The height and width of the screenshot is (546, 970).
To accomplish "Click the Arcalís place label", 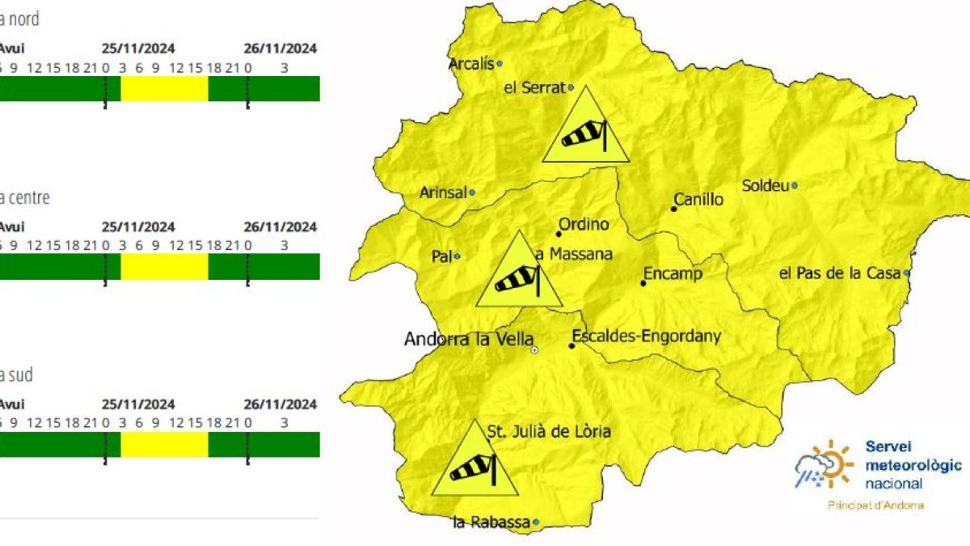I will coord(470,64).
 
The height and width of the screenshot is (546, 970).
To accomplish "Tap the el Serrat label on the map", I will coord(533,88).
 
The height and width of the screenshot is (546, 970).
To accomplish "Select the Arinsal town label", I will coord(443,193).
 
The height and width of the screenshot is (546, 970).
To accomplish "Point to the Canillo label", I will coord(699,200).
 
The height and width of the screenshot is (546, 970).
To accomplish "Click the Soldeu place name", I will coord(765,186).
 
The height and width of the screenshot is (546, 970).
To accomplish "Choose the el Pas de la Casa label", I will coord(839,273).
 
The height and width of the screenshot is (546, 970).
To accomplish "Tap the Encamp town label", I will coord(673,274).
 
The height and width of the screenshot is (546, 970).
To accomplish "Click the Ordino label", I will coord(584,225).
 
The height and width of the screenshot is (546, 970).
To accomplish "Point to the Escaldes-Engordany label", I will coord(646,336).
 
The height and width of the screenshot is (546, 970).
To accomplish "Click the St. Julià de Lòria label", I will coord(549,432).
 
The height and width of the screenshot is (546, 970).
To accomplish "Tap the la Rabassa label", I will coord(491,523).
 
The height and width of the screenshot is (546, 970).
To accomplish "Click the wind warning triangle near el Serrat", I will coord(585,130).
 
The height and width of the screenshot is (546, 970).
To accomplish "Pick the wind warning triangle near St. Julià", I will coord(474,463).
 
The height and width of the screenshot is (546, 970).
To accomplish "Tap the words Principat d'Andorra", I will coord(876,506).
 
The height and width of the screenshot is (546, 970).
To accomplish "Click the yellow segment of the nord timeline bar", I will coord(164,89).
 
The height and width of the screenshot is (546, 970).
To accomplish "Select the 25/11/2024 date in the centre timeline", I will coord(138,226).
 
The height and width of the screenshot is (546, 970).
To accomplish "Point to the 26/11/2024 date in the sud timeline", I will coord(280,404).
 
